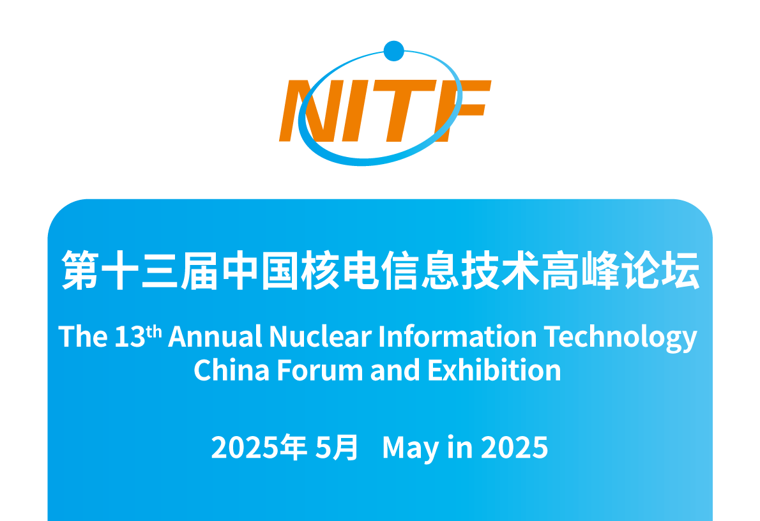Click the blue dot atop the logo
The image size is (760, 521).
click(x=393, y=51)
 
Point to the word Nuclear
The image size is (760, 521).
click(x=321, y=336)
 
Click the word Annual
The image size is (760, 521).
click(x=215, y=336)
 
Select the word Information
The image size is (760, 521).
click(x=457, y=336)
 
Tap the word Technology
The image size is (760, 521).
click(x=620, y=338)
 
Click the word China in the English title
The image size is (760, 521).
click(x=231, y=370)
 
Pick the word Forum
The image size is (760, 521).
click(x=320, y=370)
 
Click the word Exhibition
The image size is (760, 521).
click(x=494, y=370)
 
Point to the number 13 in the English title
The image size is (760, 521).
click(x=130, y=336)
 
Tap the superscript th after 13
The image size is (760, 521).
click(x=154, y=331)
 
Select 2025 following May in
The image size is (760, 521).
click(x=514, y=447)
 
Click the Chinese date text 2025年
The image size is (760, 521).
click(x=259, y=447)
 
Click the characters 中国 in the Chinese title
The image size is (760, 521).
click(x=260, y=270)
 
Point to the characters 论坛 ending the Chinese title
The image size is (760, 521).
click(x=661, y=270)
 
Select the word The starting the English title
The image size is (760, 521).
click(x=83, y=336)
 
